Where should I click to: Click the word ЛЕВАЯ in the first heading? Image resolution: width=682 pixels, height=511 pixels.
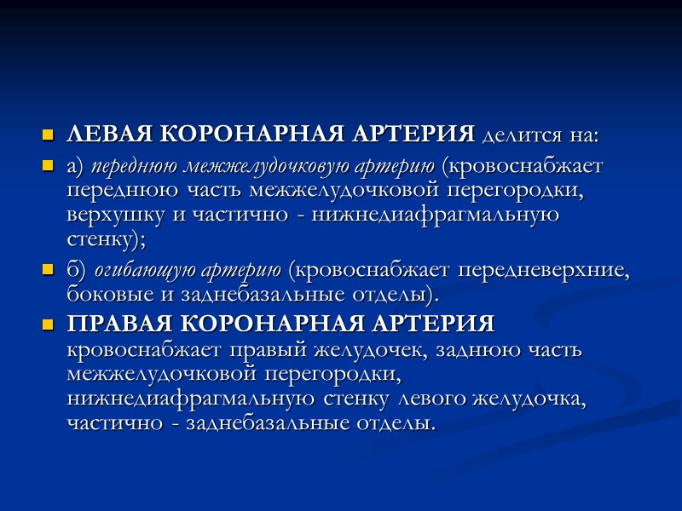pos(109,135)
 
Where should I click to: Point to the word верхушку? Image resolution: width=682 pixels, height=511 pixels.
pos(115,214)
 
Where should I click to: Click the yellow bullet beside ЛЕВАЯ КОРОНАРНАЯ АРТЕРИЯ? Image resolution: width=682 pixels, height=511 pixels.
pos(48,136)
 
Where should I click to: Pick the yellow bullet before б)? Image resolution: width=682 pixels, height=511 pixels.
pos(48,273)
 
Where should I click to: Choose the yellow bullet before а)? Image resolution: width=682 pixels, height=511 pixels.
pos(48,167)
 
